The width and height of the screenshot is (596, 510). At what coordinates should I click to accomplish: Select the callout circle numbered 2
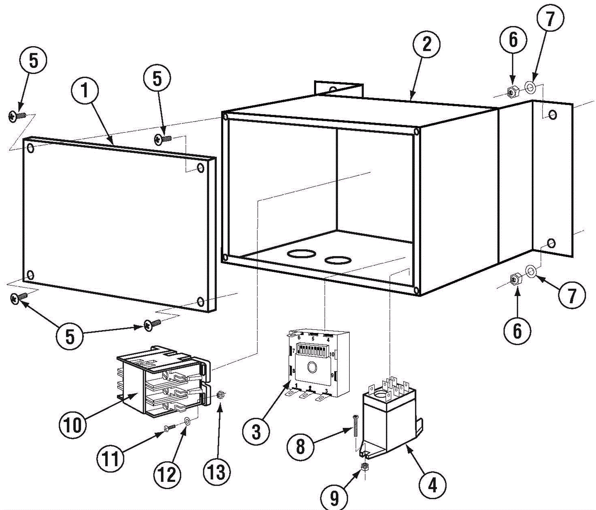[x=427, y=44]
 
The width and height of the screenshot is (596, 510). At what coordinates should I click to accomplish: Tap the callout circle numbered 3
[x=256, y=432]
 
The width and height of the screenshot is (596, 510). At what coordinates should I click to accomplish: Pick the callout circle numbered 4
[x=432, y=485]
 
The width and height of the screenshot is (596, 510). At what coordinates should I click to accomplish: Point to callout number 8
[x=301, y=446]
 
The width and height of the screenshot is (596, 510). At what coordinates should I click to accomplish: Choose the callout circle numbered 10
[x=73, y=424]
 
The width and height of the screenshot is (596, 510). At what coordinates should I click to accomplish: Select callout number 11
[x=111, y=459]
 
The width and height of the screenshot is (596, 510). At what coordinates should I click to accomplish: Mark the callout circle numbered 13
[x=217, y=472]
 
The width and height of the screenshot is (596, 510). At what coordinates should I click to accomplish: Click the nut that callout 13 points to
[x=220, y=394]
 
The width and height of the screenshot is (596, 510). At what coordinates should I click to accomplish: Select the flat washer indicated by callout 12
[x=187, y=421]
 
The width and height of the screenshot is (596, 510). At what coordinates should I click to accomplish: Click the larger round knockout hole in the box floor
[x=302, y=254]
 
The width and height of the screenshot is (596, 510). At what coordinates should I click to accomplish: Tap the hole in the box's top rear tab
[x=333, y=90]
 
